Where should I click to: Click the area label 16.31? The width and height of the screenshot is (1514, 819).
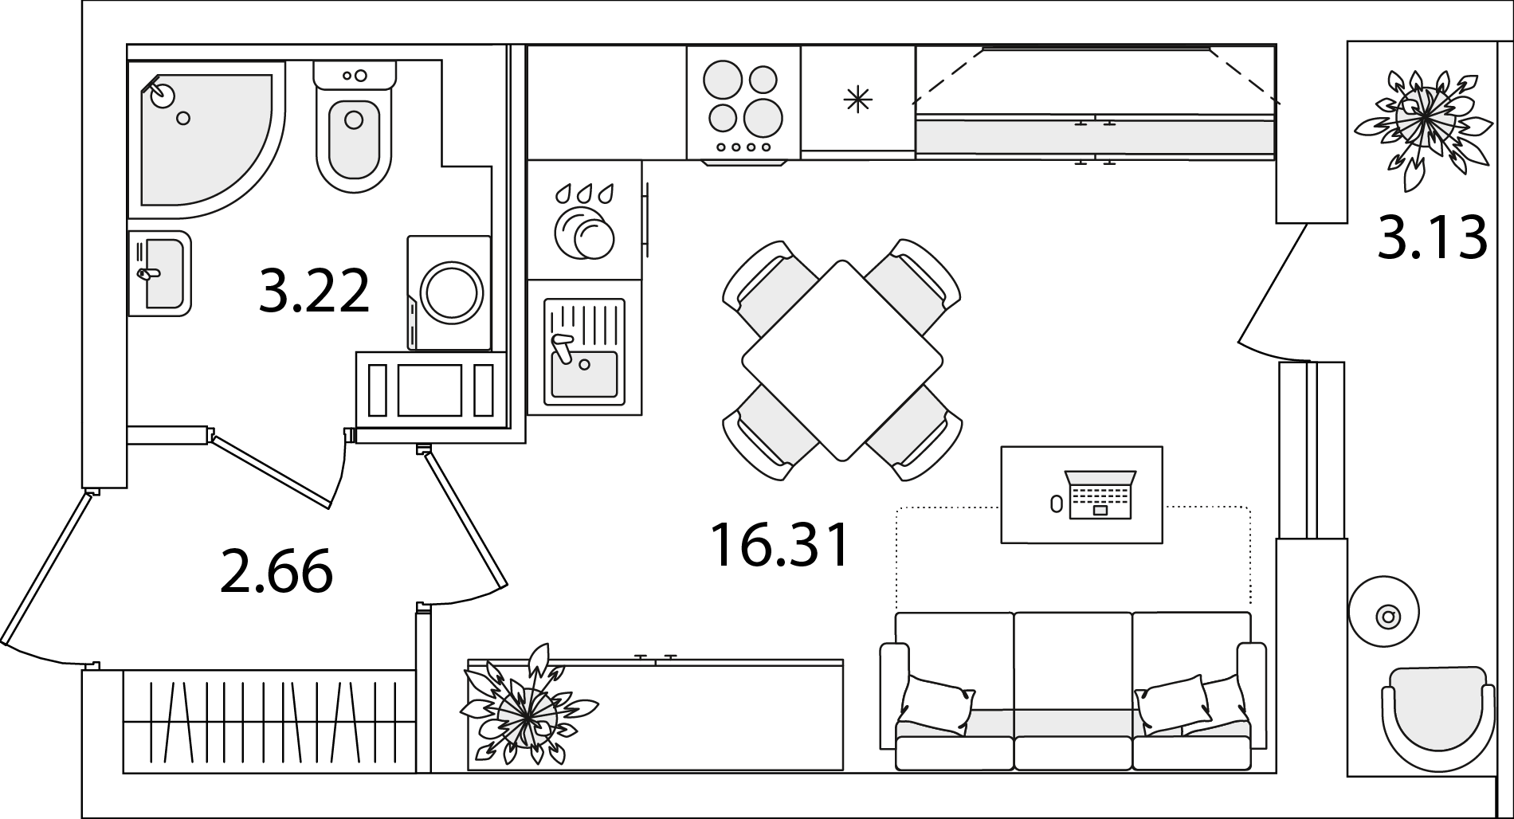pos(780,545)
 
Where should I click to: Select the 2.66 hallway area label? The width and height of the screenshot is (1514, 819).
pos(276,572)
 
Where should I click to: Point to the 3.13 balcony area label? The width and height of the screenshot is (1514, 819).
pos(1432,237)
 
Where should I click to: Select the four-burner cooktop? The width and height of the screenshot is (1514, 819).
pos(743,103)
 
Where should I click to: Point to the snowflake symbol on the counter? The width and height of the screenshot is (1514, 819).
pos(858,99)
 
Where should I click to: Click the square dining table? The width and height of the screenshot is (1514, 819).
pos(841,360)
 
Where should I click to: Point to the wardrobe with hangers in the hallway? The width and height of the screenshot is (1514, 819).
pos(269,721)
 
